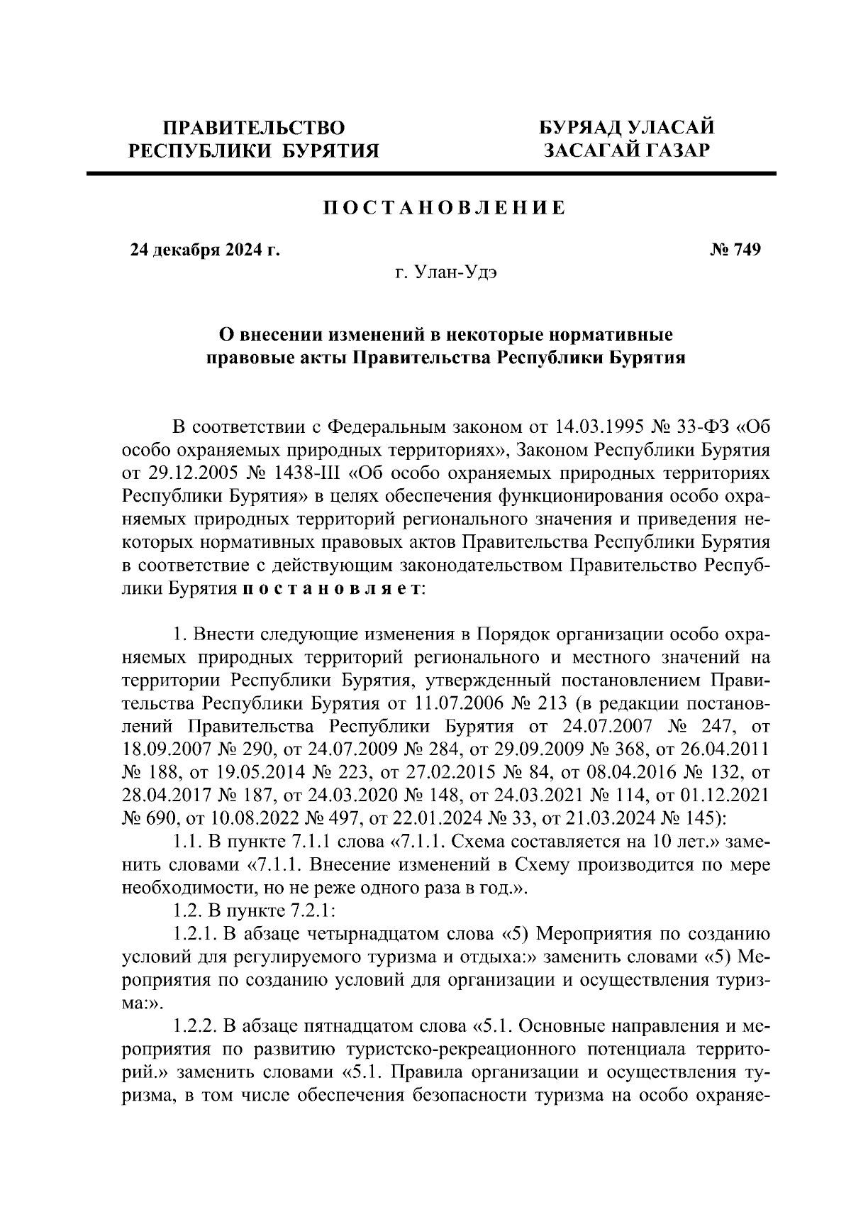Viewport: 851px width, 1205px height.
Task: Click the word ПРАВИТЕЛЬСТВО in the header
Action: click(x=254, y=128)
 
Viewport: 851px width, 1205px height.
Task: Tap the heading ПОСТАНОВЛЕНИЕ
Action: click(x=445, y=208)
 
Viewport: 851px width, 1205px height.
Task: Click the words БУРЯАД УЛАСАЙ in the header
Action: click(x=626, y=128)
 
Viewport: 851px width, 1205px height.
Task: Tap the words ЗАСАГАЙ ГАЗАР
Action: click(x=626, y=150)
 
